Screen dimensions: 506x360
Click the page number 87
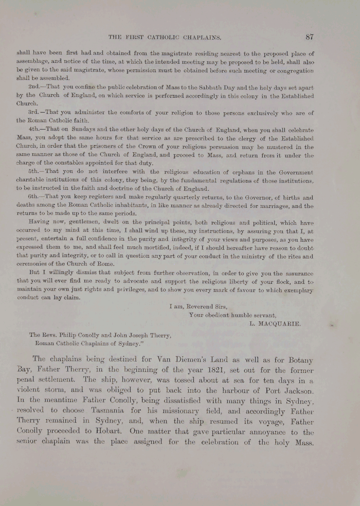click(x=309, y=37)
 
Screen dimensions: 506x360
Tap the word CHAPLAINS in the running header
click(x=199, y=37)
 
